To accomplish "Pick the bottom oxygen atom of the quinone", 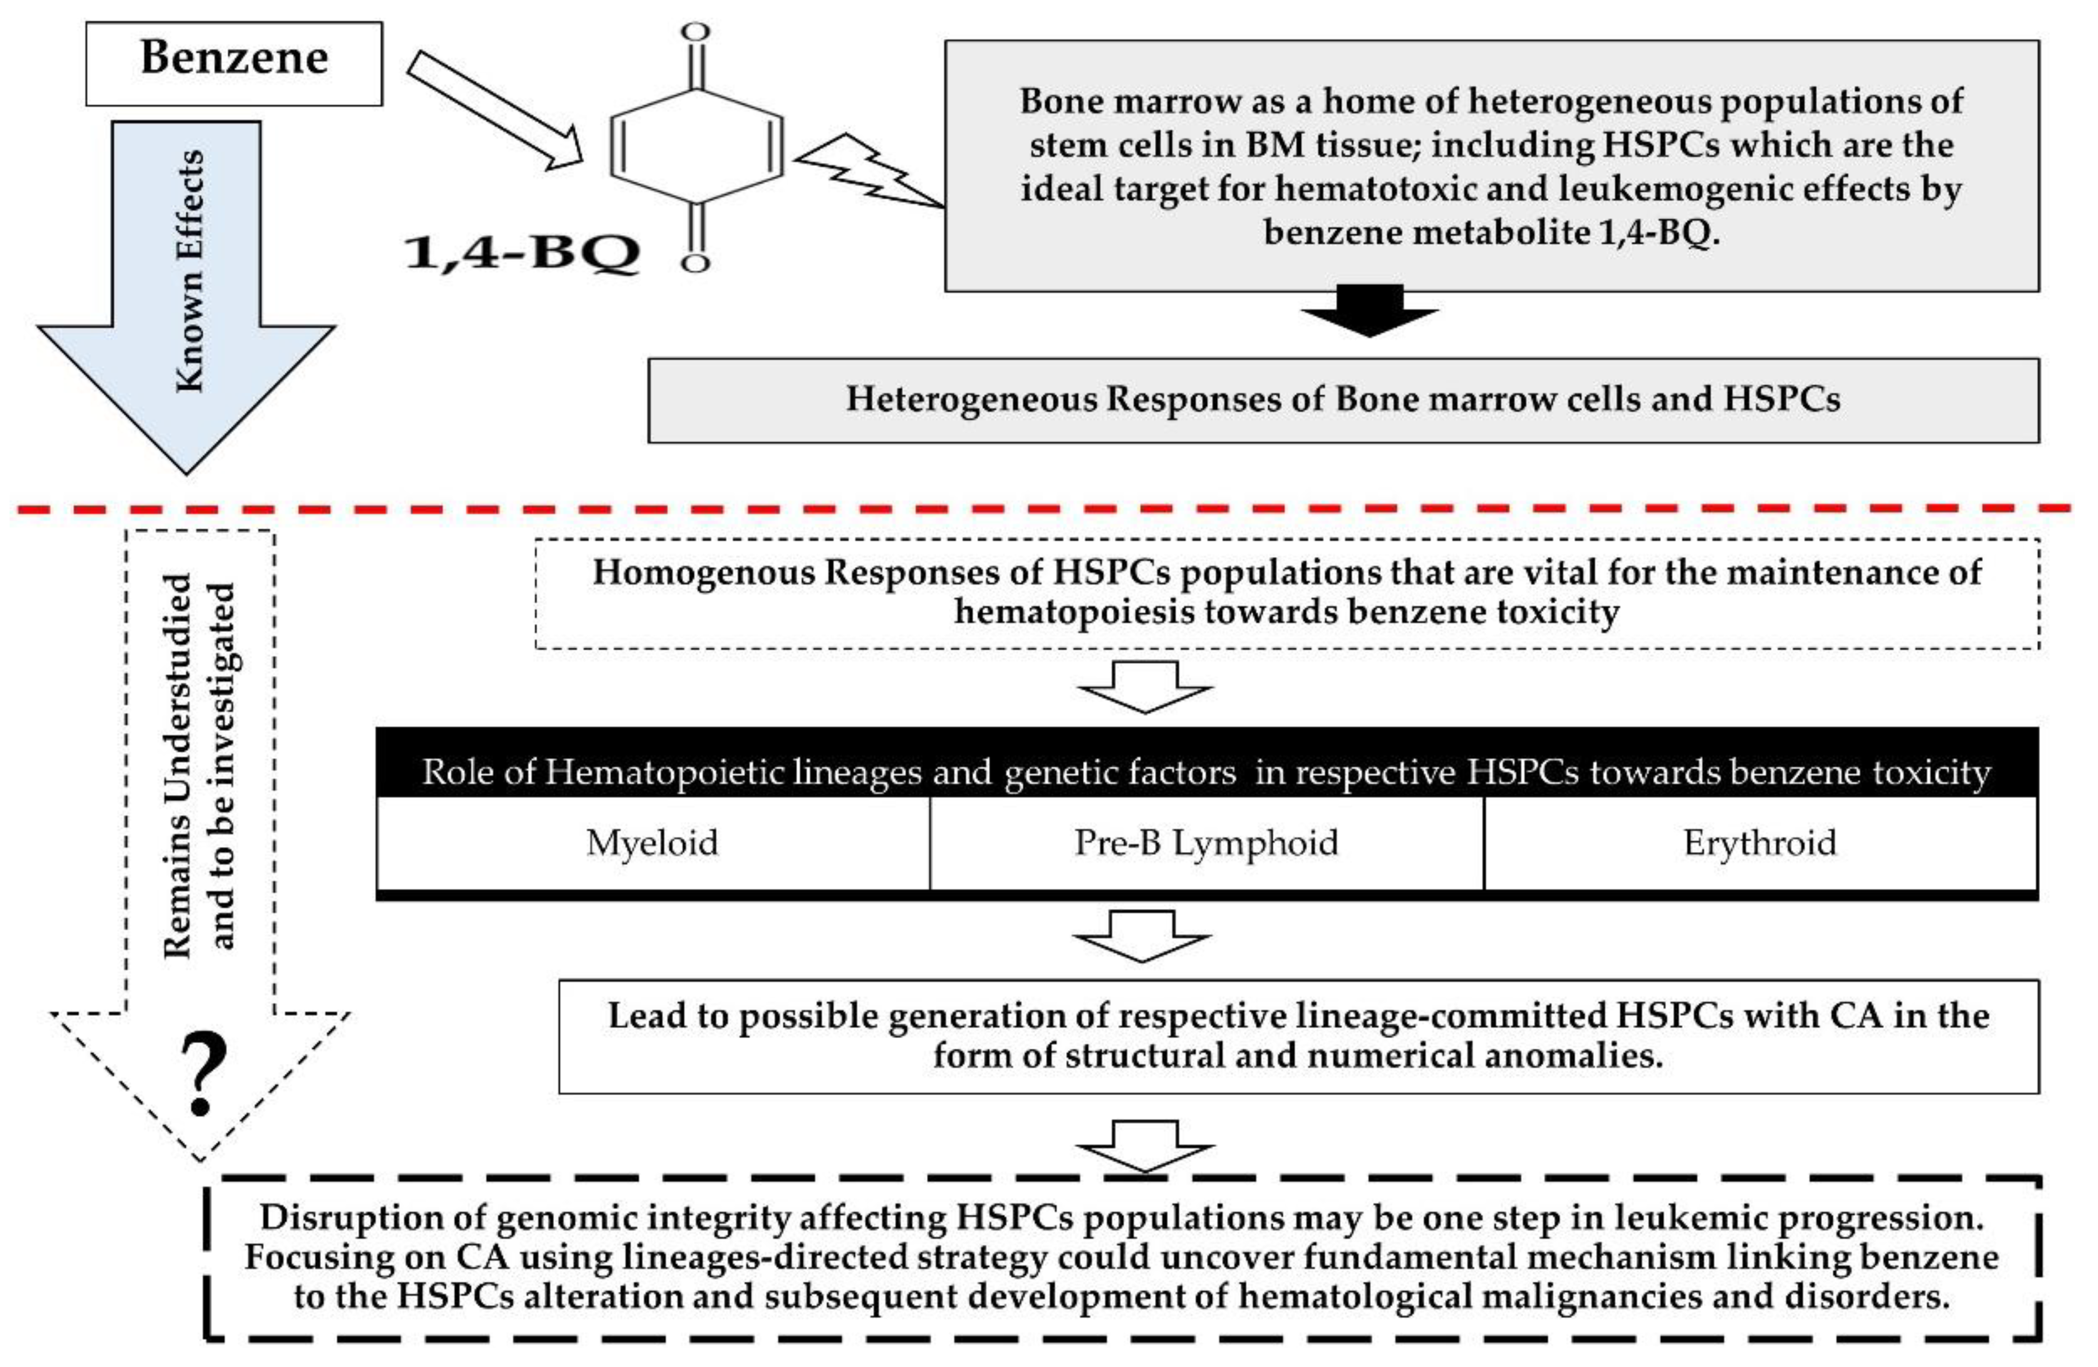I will click(695, 263).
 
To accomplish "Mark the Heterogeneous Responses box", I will click(1344, 400).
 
